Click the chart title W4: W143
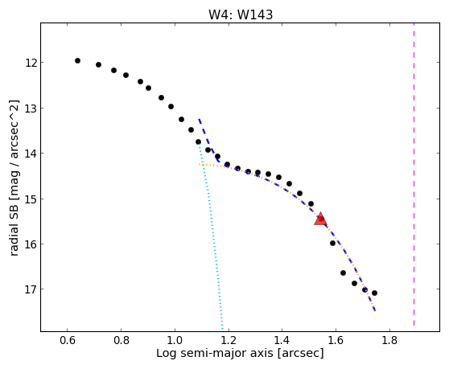(241, 14)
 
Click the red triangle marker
(320, 219)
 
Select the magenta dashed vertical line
(414, 174)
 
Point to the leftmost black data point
(77, 60)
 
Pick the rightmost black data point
(374, 293)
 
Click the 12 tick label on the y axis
(31, 63)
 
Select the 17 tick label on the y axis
(31, 289)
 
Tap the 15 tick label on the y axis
(31, 199)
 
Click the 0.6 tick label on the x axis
(68, 340)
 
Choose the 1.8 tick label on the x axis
(389, 340)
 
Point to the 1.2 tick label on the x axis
(229, 340)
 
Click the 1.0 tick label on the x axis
(175, 340)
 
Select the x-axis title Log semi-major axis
(215, 354)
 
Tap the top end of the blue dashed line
(199, 119)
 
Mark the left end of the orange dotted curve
(200, 164)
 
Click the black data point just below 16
(332, 243)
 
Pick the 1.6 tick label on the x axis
(336, 340)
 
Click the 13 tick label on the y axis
(31, 109)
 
